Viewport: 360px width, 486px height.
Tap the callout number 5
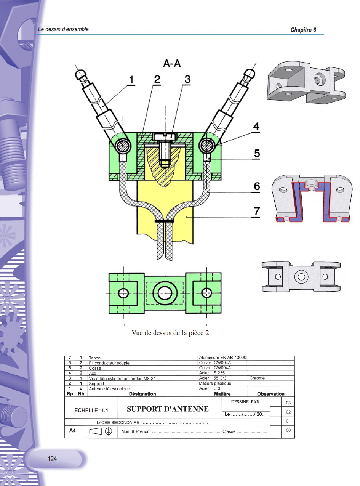257,153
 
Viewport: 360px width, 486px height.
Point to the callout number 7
257,211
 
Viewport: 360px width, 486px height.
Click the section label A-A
171,64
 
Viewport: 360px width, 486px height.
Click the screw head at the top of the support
165,136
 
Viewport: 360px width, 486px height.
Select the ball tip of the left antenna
81,74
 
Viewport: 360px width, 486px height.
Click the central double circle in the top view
165,293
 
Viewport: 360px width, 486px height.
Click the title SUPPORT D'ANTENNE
168,409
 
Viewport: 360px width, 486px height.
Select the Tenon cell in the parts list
95,358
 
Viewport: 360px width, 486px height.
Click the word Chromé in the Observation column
257,378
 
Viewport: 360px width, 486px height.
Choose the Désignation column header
142,394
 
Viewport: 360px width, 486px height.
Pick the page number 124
52,459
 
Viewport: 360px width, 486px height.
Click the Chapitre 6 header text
303,30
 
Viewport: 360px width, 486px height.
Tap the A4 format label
73,431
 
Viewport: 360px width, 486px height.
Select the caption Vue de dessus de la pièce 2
170,333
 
